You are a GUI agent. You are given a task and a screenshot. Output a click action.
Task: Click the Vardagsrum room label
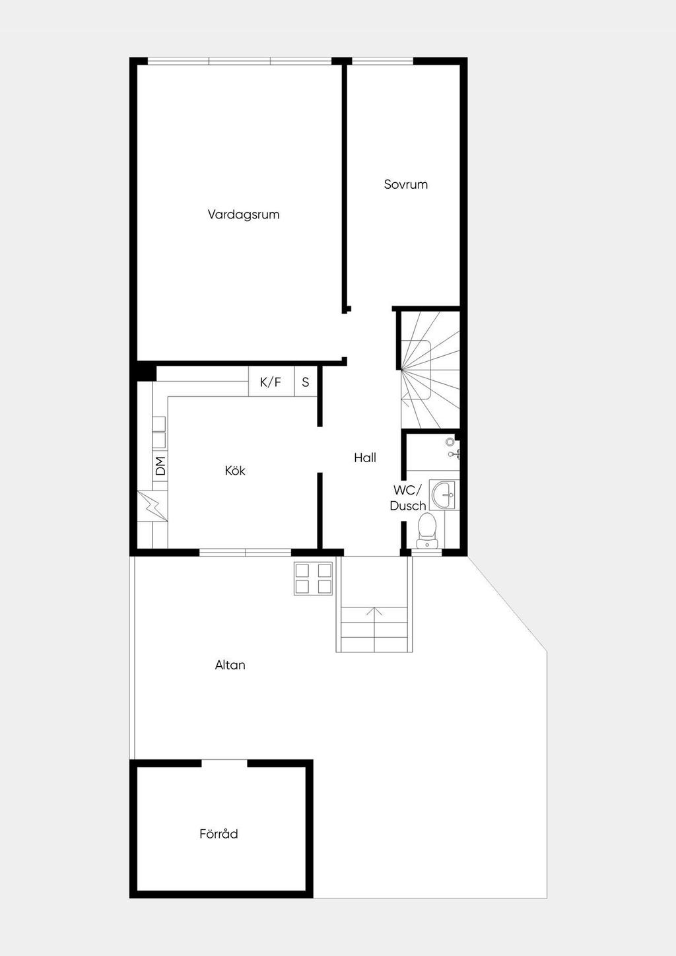pyautogui.click(x=243, y=215)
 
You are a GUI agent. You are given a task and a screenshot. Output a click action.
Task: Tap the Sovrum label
pyautogui.click(x=405, y=184)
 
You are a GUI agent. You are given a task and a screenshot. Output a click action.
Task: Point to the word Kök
pyautogui.click(x=235, y=470)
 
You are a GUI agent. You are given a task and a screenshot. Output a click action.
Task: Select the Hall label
pyautogui.click(x=365, y=458)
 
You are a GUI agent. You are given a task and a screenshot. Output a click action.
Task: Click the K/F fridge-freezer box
pyautogui.click(x=271, y=382)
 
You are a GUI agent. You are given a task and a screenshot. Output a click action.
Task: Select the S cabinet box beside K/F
pyautogui.click(x=306, y=382)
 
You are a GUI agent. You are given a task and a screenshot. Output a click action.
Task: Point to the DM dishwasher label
pyautogui.click(x=160, y=466)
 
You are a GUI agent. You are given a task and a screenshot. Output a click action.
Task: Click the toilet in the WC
pyautogui.click(x=426, y=530)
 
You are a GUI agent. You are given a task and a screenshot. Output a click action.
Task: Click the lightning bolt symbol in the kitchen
pyautogui.click(x=152, y=506)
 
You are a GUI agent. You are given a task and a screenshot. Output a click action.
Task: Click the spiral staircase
pyautogui.click(x=429, y=370)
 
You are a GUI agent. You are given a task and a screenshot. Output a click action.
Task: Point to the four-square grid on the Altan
pyautogui.click(x=313, y=579)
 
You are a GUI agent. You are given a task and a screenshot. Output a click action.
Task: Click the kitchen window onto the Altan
pyautogui.click(x=246, y=552)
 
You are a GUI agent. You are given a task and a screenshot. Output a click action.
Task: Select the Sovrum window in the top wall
pyautogui.click(x=382, y=61)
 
